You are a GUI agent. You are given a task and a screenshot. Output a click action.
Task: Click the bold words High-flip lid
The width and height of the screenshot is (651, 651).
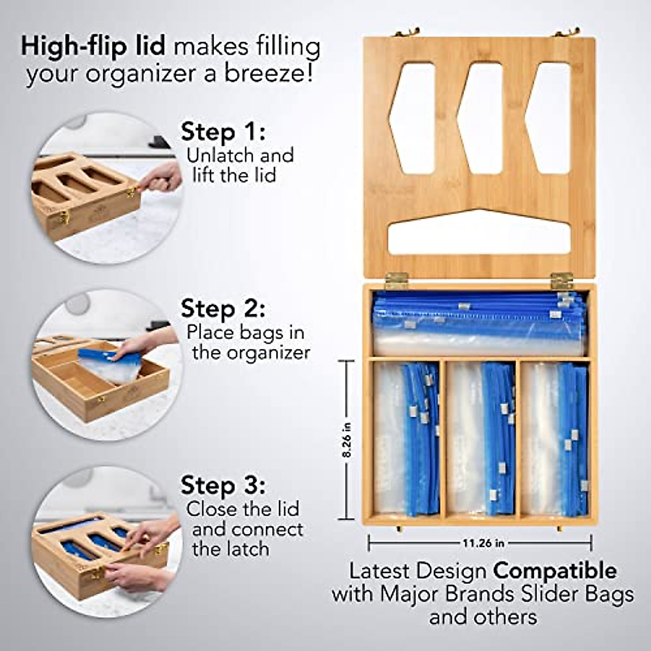(93, 47)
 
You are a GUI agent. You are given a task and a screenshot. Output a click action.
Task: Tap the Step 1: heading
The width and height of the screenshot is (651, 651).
(223, 132)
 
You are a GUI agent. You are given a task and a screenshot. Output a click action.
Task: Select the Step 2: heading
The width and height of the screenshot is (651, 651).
(223, 309)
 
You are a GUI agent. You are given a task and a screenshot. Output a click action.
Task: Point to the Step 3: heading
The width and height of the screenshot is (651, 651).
(223, 485)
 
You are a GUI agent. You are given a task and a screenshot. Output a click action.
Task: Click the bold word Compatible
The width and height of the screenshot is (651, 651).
(554, 571)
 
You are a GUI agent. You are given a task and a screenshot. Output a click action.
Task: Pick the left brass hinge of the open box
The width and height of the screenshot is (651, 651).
(395, 280)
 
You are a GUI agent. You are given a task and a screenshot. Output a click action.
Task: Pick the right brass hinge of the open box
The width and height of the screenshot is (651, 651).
(561, 280)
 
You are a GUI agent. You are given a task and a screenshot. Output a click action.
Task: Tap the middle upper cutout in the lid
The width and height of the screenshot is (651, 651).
(482, 118)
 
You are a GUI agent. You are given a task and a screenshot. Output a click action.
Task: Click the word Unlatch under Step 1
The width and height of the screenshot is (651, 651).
(220, 156)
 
